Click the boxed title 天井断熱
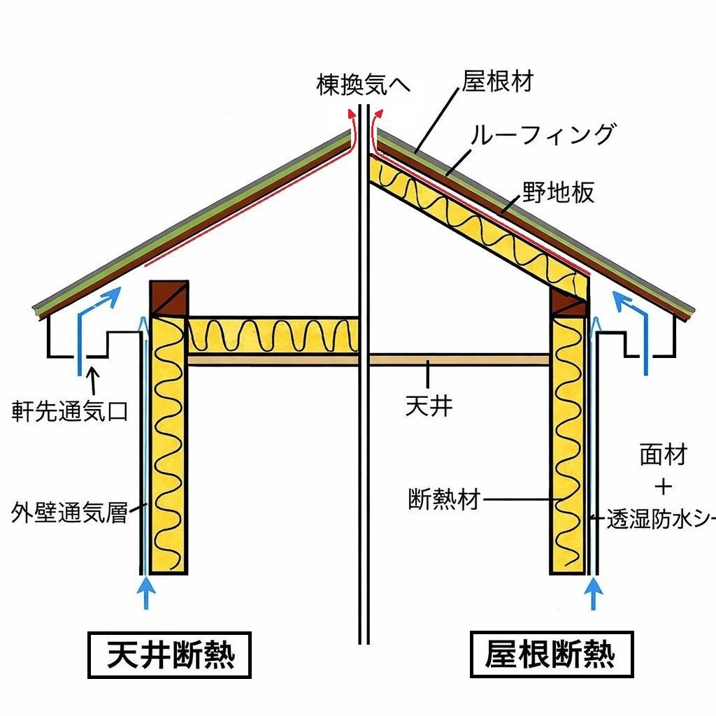[169, 655]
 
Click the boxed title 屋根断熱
[550, 655]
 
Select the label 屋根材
[497, 81]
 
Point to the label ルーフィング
[543, 134]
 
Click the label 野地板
[558, 192]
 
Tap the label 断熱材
[444, 501]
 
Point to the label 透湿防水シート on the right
[657, 521]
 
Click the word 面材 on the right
[663, 455]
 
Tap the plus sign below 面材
[663, 486]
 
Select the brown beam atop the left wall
[169, 299]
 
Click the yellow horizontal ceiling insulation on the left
[273, 336]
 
